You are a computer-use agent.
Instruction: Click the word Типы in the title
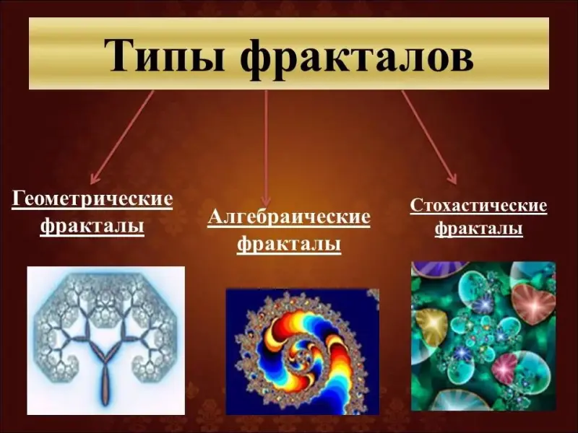[164, 56]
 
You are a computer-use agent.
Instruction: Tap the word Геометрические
[92, 199]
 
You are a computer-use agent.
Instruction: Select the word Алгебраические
[288, 218]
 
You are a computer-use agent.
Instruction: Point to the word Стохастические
[478, 205]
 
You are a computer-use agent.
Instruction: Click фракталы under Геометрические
[92, 225]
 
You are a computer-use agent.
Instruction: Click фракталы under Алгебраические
[288, 244]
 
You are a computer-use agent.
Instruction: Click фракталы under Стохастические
[478, 228]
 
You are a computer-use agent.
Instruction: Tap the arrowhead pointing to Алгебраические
[266, 201]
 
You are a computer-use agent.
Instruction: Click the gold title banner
[289, 53]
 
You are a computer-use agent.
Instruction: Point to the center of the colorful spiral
[303, 354]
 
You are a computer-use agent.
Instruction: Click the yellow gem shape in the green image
[431, 326]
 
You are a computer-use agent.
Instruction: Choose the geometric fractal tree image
[105, 341]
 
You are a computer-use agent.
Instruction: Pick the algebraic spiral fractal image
[303, 351]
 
